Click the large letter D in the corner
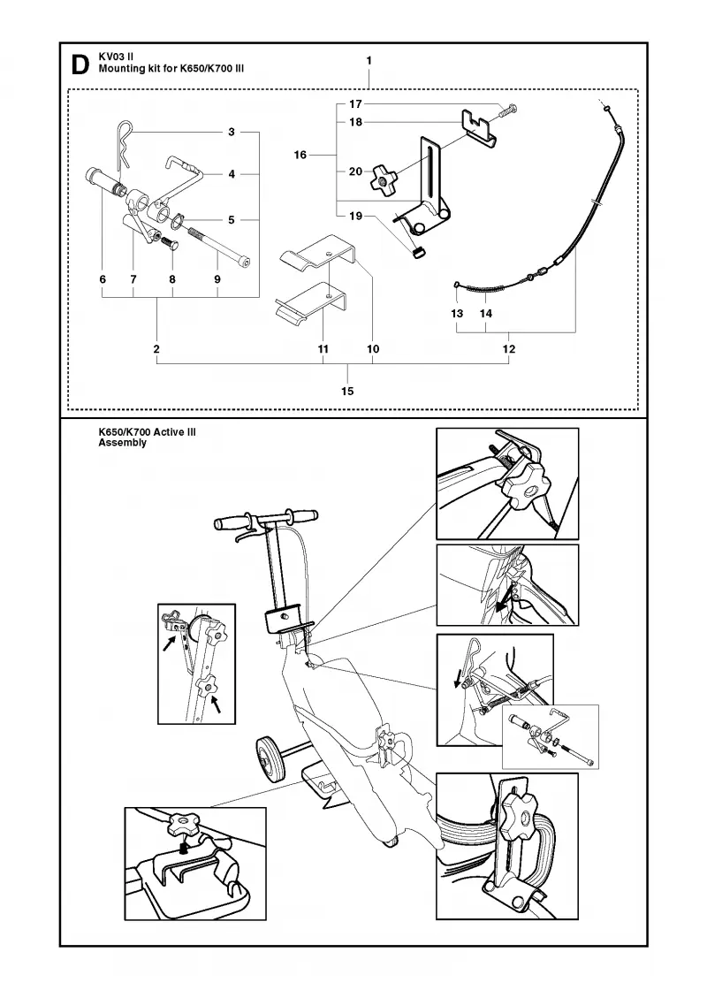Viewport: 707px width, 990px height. (x=80, y=65)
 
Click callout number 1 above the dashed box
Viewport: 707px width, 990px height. (x=369, y=61)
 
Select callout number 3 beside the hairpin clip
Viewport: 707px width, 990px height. (x=232, y=132)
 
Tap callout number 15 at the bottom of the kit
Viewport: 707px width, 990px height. (x=347, y=391)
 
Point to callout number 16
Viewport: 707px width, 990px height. (x=300, y=155)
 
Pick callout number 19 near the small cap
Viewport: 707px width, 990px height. (x=356, y=216)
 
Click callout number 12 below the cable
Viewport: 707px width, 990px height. (x=509, y=348)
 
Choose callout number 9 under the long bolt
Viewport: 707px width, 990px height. (x=217, y=279)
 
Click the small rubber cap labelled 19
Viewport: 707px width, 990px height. (x=416, y=253)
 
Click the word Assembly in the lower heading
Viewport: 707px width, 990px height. (x=123, y=443)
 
